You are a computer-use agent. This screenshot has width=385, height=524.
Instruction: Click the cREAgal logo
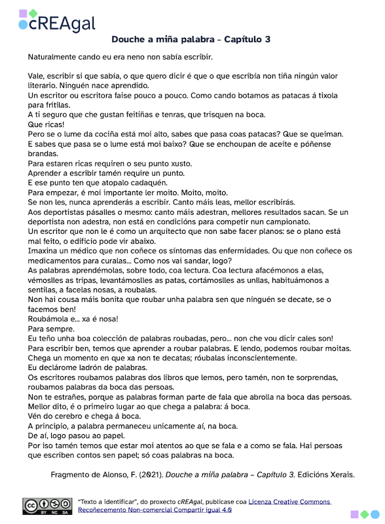[x=57, y=21]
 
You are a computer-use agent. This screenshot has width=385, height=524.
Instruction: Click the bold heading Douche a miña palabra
[x=191, y=40]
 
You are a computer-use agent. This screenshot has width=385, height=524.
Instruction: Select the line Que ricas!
[x=48, y=124]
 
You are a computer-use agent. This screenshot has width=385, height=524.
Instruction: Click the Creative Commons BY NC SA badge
[x=48, y=506]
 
